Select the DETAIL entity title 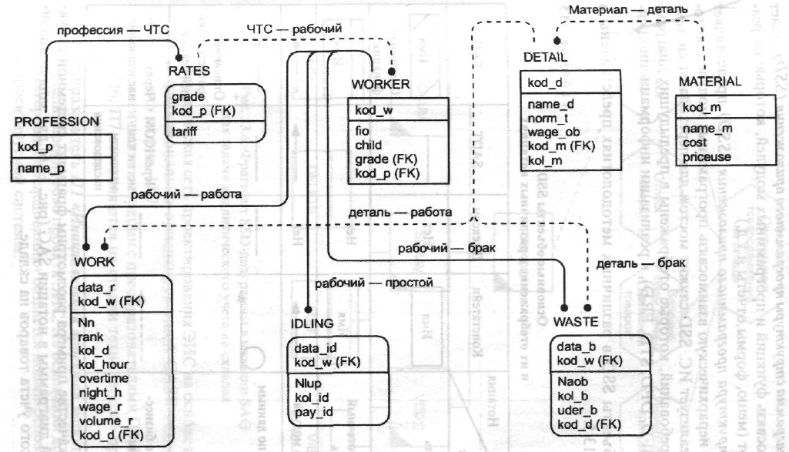[546, 58]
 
